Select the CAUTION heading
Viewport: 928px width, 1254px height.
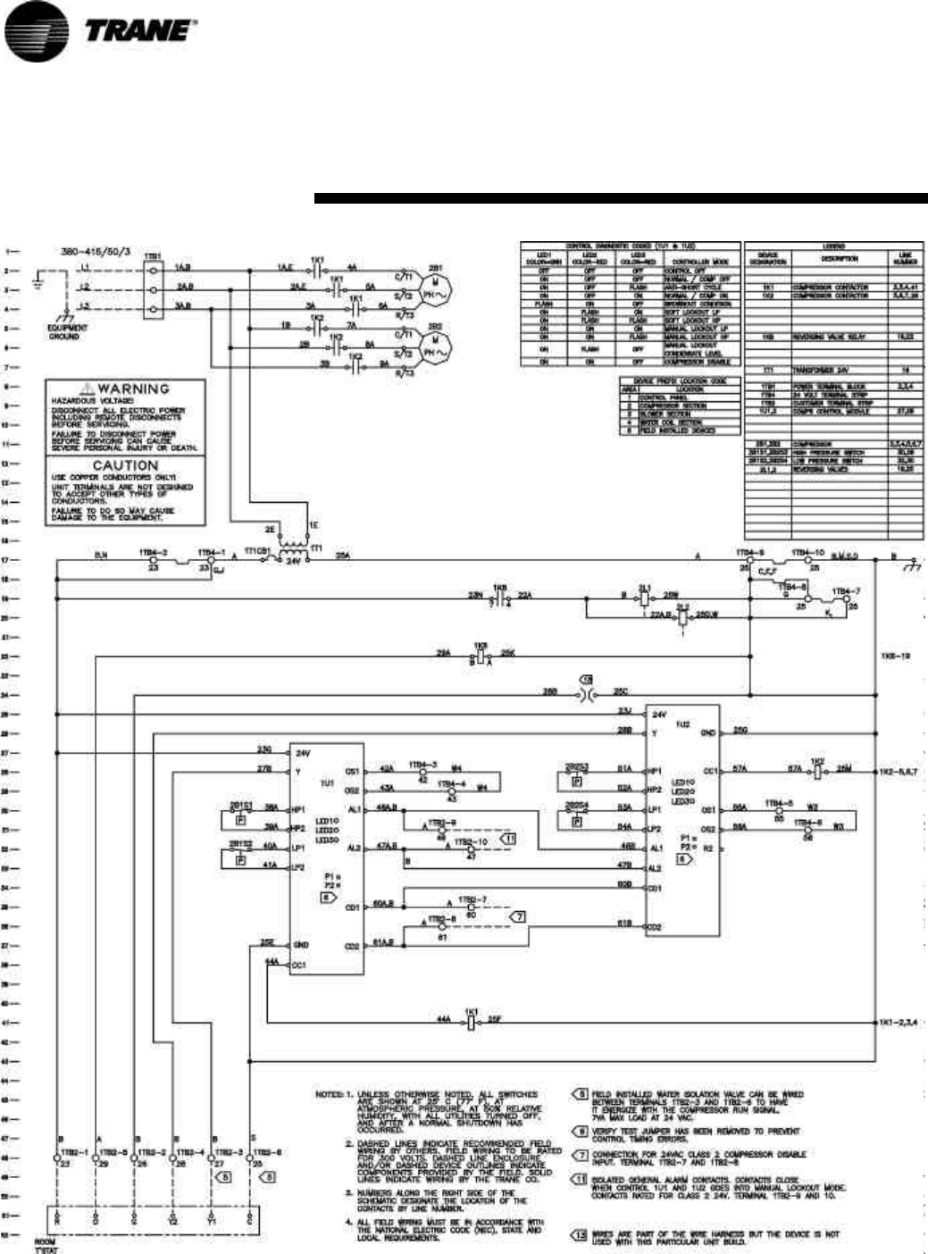tap(126, 465)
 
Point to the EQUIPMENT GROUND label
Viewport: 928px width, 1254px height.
tap(68, 332)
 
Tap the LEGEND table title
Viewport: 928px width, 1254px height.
tap(834, 247)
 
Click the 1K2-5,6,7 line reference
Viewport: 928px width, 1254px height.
tap(899, 769)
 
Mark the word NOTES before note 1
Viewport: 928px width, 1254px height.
tap(330, 1094)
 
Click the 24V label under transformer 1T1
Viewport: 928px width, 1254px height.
tap(291, 563)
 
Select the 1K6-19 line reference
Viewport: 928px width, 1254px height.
tap(895, 656)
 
